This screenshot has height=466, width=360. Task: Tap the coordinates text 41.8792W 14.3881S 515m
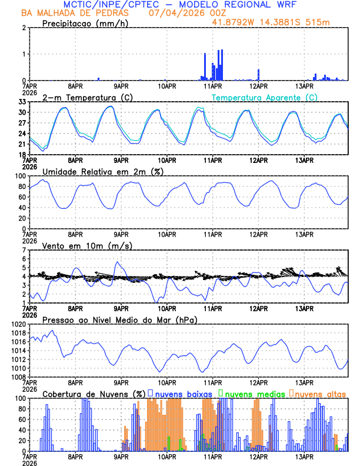point(278,22)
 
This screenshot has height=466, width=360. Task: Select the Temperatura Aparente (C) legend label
point(264,97)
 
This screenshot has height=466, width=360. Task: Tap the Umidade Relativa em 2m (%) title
point(103,171)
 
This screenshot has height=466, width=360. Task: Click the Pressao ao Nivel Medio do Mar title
point(119,319)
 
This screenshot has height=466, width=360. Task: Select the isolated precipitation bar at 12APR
point(259,75)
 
